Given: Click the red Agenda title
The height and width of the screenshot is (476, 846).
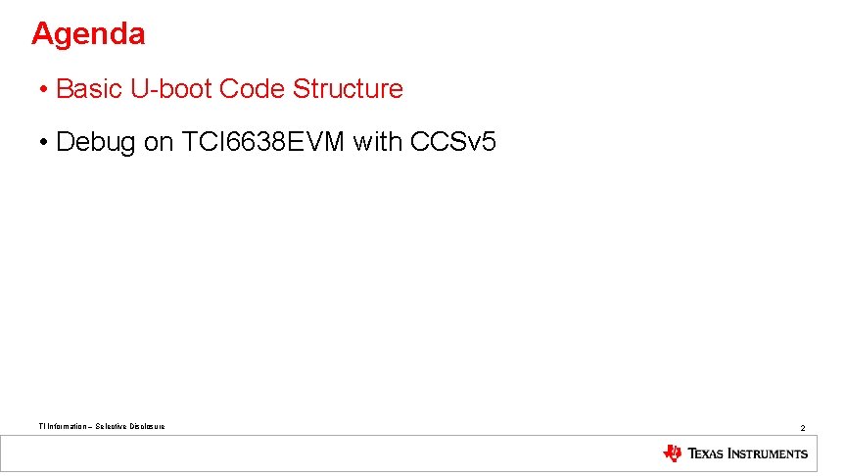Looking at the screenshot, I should click(x=88, y=34).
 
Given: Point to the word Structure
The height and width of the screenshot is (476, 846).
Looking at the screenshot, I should click(x=348, y=89).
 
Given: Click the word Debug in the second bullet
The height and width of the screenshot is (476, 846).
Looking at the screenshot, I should click(x=97, y=142).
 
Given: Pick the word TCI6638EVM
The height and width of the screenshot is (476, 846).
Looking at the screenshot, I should click(x=264, y=142).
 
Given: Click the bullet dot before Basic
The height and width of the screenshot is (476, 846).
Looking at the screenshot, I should click(x=45, y=90).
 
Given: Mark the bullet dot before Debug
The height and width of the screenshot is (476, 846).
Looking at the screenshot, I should click(x=45, y=143).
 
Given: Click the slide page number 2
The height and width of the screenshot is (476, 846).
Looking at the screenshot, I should click(x=802, y=428).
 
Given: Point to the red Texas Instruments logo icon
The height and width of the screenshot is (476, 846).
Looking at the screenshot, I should click(x=673, y=453).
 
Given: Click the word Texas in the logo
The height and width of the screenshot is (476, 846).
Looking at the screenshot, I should click(x=707, y=453).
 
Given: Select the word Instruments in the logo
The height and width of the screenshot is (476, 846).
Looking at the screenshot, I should click(x=770, y=453).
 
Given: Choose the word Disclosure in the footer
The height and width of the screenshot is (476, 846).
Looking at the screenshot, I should click(x=147, y=426).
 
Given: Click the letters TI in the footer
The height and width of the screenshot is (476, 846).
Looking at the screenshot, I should click(x=40, y=426).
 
